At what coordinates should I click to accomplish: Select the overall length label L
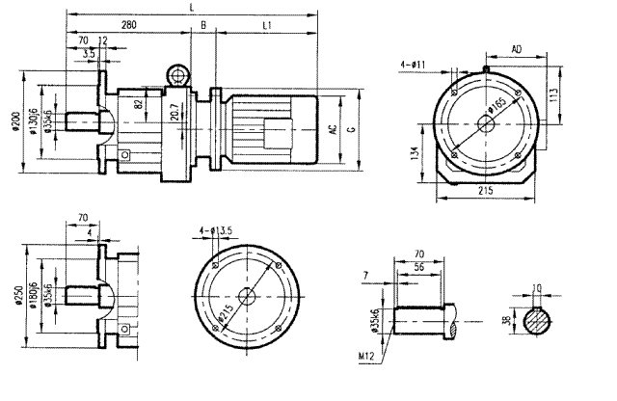click(x=194, y=7)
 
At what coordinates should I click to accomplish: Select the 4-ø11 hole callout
click(x=416, y=67)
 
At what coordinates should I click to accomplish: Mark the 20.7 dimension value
click(x=174, y=112)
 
